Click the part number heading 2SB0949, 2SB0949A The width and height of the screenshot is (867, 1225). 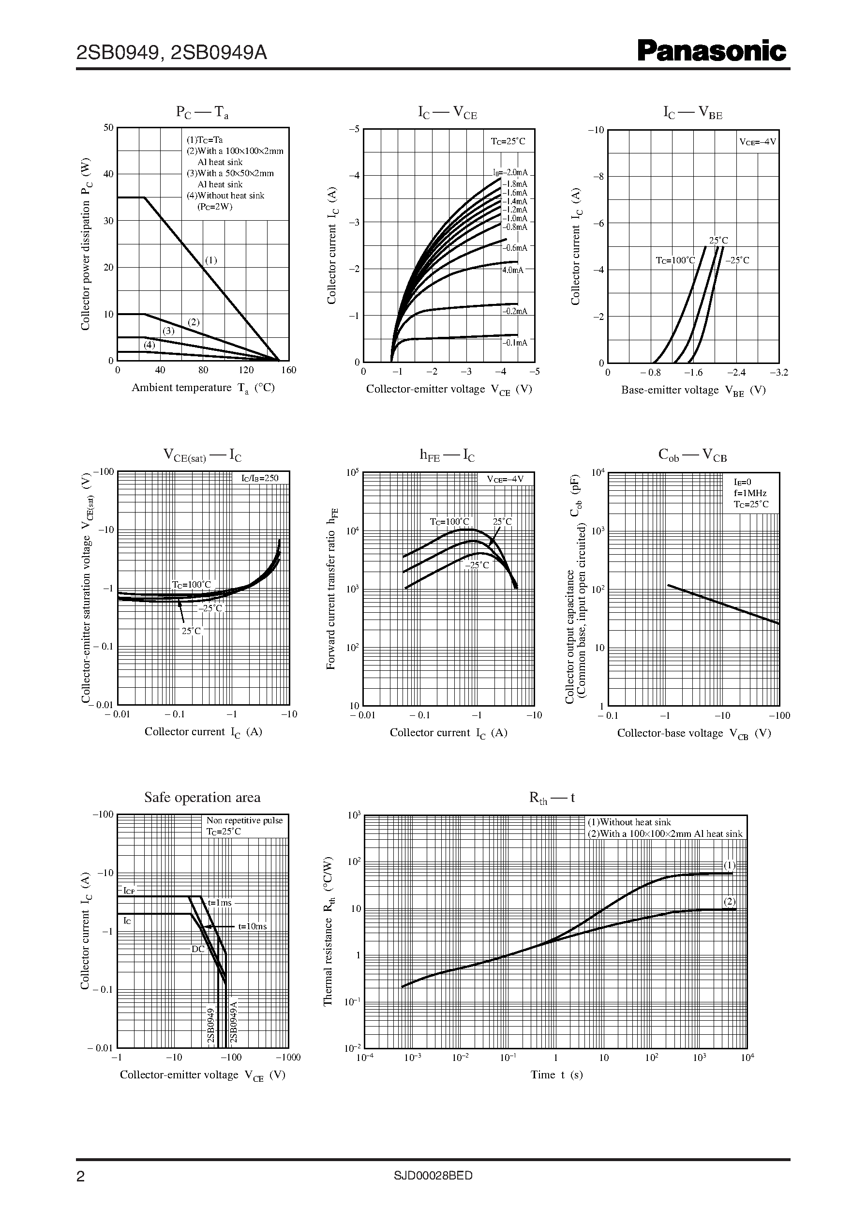tap(171, 53)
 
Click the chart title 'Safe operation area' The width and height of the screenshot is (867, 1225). tap(202, 797)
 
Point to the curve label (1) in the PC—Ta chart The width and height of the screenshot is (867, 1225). tap(211, 260)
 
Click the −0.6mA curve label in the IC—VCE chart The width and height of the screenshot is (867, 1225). tap(515, 248)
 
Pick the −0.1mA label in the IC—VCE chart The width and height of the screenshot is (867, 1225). tap(515, 342)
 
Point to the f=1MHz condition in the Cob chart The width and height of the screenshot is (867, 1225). tap(749, 493)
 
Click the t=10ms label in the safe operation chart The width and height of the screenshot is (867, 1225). tap(252, 926)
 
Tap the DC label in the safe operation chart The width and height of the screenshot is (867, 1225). tap(198, 949)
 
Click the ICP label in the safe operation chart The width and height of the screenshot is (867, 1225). tap(130, 891)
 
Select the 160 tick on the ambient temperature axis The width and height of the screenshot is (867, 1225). tap(288, 370)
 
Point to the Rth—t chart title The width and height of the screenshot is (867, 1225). tap(552, 798)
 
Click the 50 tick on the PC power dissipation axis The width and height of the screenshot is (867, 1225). tap(108, 128)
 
